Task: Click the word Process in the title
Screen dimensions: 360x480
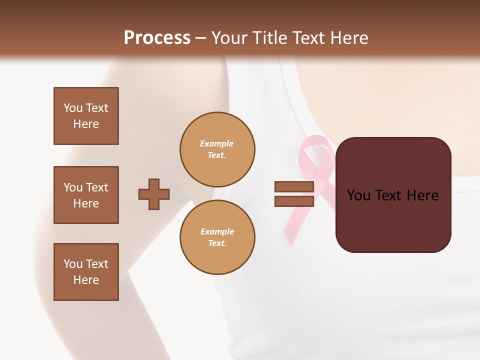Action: click(x=157, y=38)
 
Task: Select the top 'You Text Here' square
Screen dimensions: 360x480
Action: click(x=86, y=116)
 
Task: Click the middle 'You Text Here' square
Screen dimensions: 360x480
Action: click(x=86, y=195)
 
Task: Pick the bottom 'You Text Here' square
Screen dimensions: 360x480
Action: click(x=86, y=272)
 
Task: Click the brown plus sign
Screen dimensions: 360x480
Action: click(x=154, y=194)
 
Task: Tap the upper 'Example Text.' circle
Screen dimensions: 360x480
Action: click(x=217, y=149)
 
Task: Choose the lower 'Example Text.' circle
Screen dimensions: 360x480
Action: click(x=217, y=237)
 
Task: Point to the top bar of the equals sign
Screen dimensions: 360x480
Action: click(x=294, y=186)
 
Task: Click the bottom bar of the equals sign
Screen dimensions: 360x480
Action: click(x=294, y=201)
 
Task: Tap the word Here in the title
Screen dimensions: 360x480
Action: click(x=349, y=38)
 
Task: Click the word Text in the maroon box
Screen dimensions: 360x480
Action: click(x=393, y=195)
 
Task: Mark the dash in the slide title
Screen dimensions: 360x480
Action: click(x=200, y=38)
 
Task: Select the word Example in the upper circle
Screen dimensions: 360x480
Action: click(x=217, y=143)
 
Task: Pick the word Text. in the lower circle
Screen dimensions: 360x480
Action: click(x=217, y=243)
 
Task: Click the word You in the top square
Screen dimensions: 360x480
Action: click(x=73, y=108)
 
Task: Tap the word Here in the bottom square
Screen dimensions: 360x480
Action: click(x=86, y=280)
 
